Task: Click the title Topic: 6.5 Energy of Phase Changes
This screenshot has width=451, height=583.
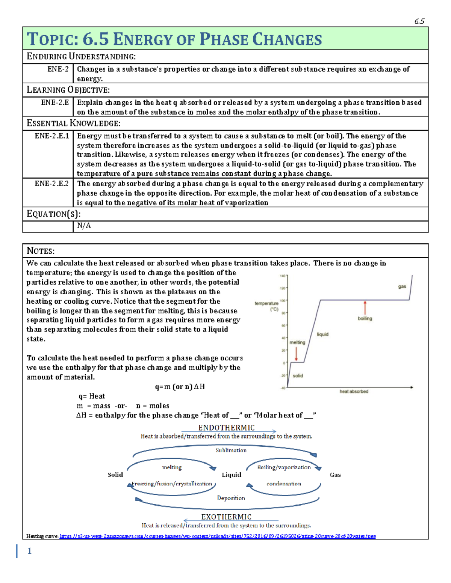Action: pyautogui.click(x=174, y=39)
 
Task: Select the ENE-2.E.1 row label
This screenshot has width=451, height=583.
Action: pyautogui.click(x=52, y=136)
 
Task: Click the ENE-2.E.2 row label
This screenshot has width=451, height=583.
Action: pyautogui.click(x=52, y=184)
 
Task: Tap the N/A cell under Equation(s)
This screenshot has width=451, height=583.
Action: pyautogui.click(x=84, y=226)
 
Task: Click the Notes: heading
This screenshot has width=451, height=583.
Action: pyautogui.click(x=41, y=251)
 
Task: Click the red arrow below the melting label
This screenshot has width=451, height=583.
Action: pyautogui.click(x=297, y=354)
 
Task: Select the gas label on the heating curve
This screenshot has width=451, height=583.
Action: pyautogui.click(x=402, y=286)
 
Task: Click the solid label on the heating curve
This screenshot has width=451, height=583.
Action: pyautogui.click(x=298, y=375)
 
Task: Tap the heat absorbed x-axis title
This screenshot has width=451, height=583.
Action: pyautogui.click(x=354, y=392)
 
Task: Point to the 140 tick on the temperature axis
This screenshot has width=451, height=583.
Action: pyautogui.click(x=283, y=276)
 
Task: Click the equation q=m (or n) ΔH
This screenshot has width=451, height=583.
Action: pyautogui.click(x=180, y=387)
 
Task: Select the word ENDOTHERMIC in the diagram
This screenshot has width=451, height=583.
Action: pyautogui.click(x=226, y=428)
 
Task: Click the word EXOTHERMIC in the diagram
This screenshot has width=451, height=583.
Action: pyautogui.click(x=226, y=517)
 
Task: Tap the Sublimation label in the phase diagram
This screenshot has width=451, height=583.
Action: pyautogui.click(x=231, y=450)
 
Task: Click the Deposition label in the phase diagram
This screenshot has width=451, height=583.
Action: pyautogui.click(x=231, y=498)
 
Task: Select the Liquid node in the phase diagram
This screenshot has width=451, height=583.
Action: pyautogui.click(x=231, y=475)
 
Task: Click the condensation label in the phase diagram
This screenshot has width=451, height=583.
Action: pyautogui.click(x=284, y=484)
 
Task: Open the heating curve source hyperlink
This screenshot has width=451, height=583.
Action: pyautogui.click(x=218, y=536)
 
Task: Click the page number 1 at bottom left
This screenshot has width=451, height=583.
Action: pyautogui.click(x=29, y=551)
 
